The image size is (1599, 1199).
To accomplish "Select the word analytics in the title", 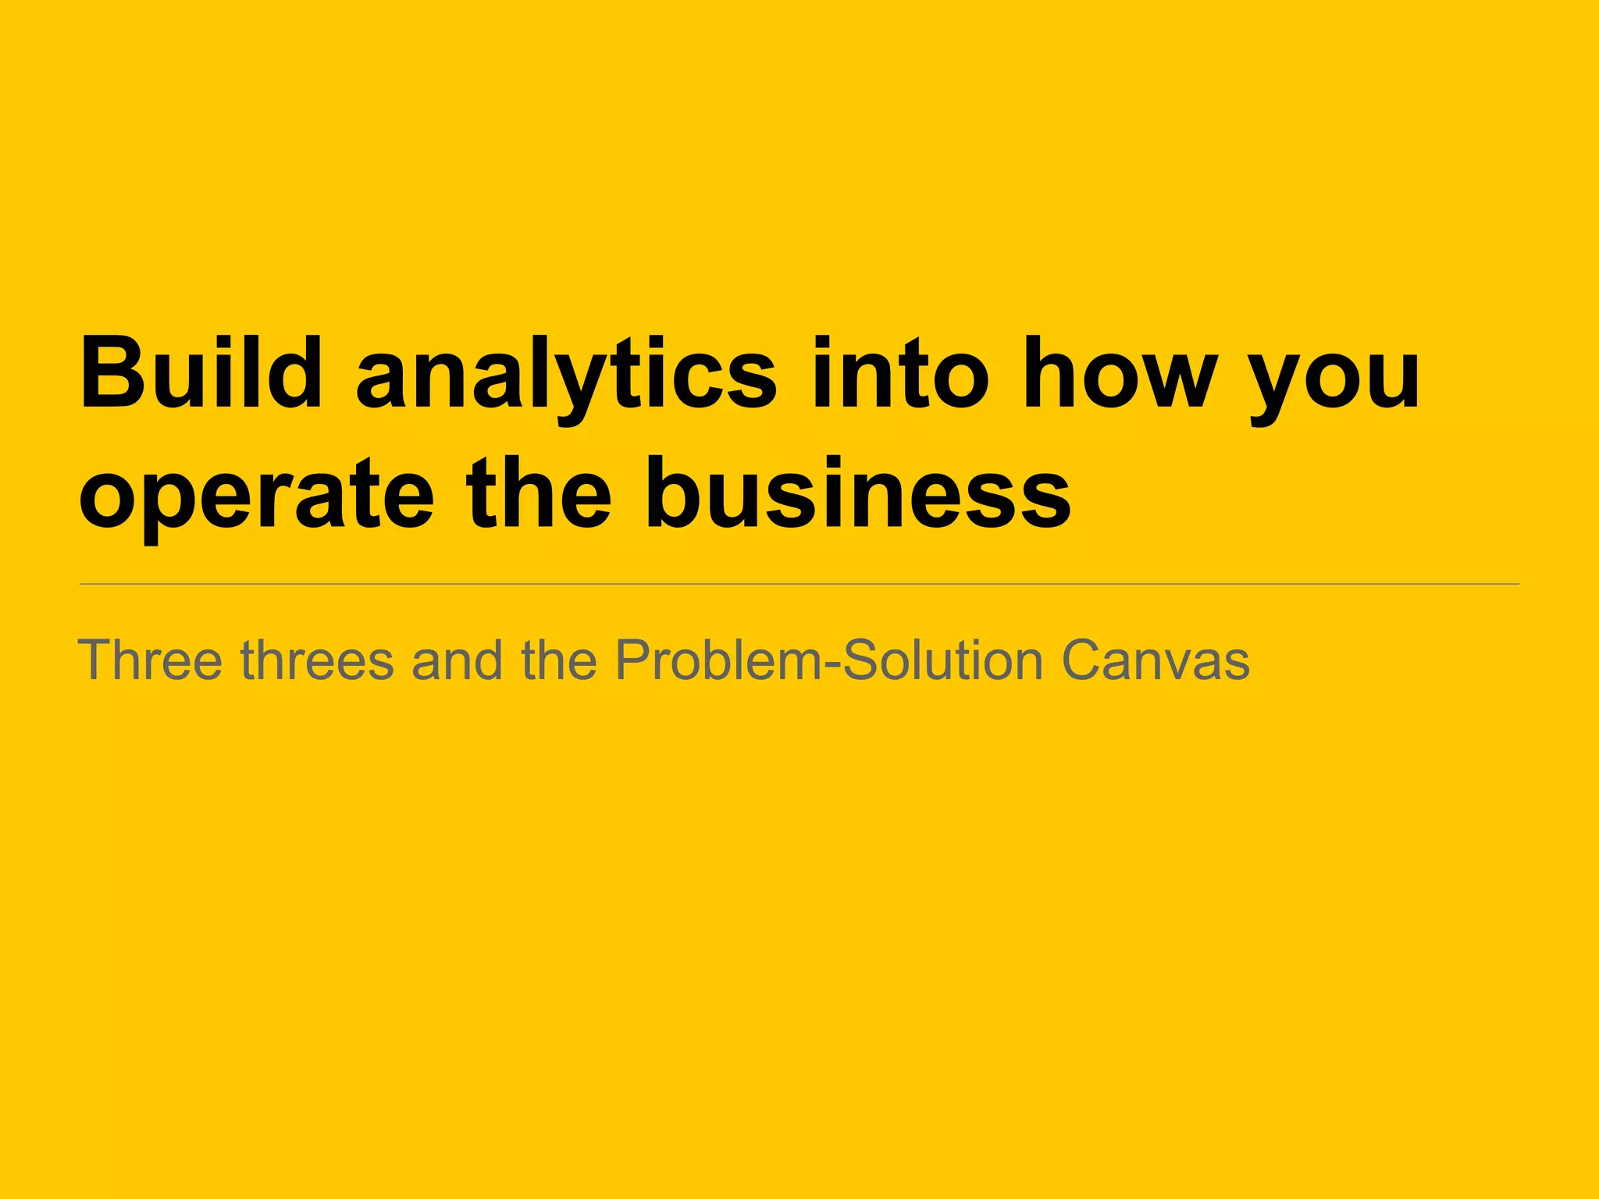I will (567, 375).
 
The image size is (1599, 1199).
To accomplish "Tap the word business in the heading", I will (858, 492).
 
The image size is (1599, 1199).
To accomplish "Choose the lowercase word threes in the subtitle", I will (317, 660).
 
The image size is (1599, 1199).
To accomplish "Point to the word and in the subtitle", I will (457, 660).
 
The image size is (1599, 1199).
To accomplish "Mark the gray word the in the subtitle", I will (559, 660).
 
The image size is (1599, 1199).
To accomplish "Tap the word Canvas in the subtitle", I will (1156, 660).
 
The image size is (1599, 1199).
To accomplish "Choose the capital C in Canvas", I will (1086, 660).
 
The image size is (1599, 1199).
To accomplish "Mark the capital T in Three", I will (95, 660).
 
